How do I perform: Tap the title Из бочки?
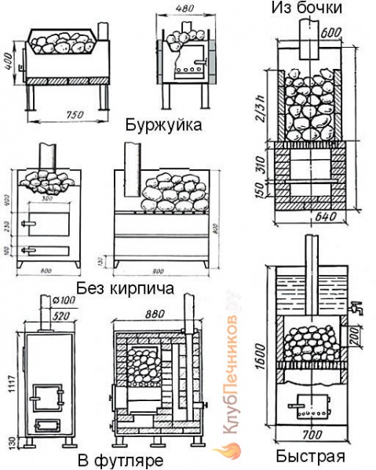[307, 9]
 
